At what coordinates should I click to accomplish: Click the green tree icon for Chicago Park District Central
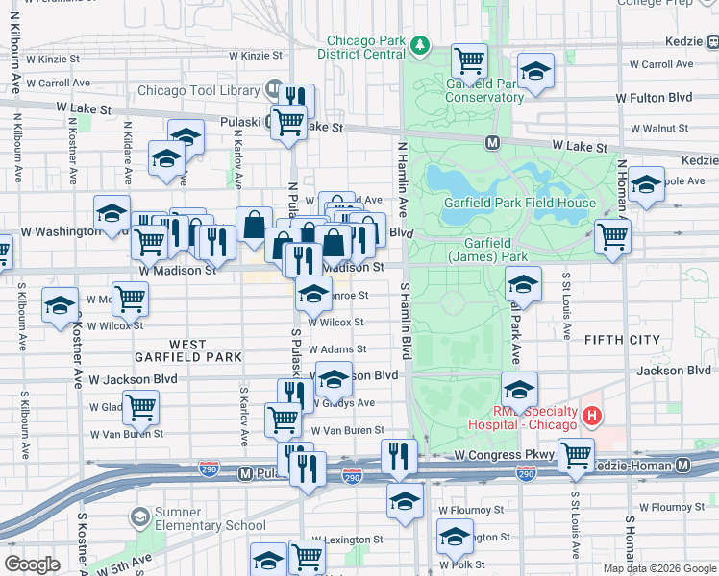pyautogui.click(x=419, y=45)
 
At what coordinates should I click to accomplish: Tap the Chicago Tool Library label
pyautogui.click(x=199, y=91)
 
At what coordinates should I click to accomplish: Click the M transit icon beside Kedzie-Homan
pyautogui.click(x=682, y=466)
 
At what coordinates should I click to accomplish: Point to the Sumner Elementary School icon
pyautogui.click(x=140, y=517)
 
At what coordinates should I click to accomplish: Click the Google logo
pyautogui.click(x=33, y=564)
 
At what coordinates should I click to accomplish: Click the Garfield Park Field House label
pyautogui.click(x=519, y=203)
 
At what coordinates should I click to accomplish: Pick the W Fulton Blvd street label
pyautogui.click(x=654, y=98)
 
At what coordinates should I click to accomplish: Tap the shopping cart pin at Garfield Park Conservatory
pyautogui.click(x=469, y=60)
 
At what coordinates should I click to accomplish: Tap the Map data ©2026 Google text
pyautogui.click(x=658, y=568)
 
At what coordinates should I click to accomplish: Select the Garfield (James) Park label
pyautogui.click(x=487, y=251)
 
